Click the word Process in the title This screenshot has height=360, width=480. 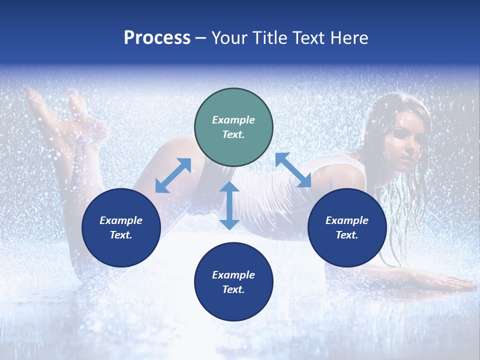[x=157, y=38]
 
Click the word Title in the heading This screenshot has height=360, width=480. [x=270, y=38]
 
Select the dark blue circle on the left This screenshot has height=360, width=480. [x=121, y=227]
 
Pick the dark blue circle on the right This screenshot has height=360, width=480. [x=347, y=227]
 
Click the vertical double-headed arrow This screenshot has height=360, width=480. [x=229, y=205]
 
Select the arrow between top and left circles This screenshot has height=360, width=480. [x=173, y=175]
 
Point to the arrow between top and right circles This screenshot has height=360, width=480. [x=293, y=170]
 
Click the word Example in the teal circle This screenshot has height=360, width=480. [x=233, y=120]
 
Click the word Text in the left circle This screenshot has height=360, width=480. [x=120, y=235]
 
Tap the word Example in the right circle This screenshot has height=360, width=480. [x=347, y=220]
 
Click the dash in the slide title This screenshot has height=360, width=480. [x=201, y=38]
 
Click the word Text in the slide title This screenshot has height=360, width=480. [x=310, y=38]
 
